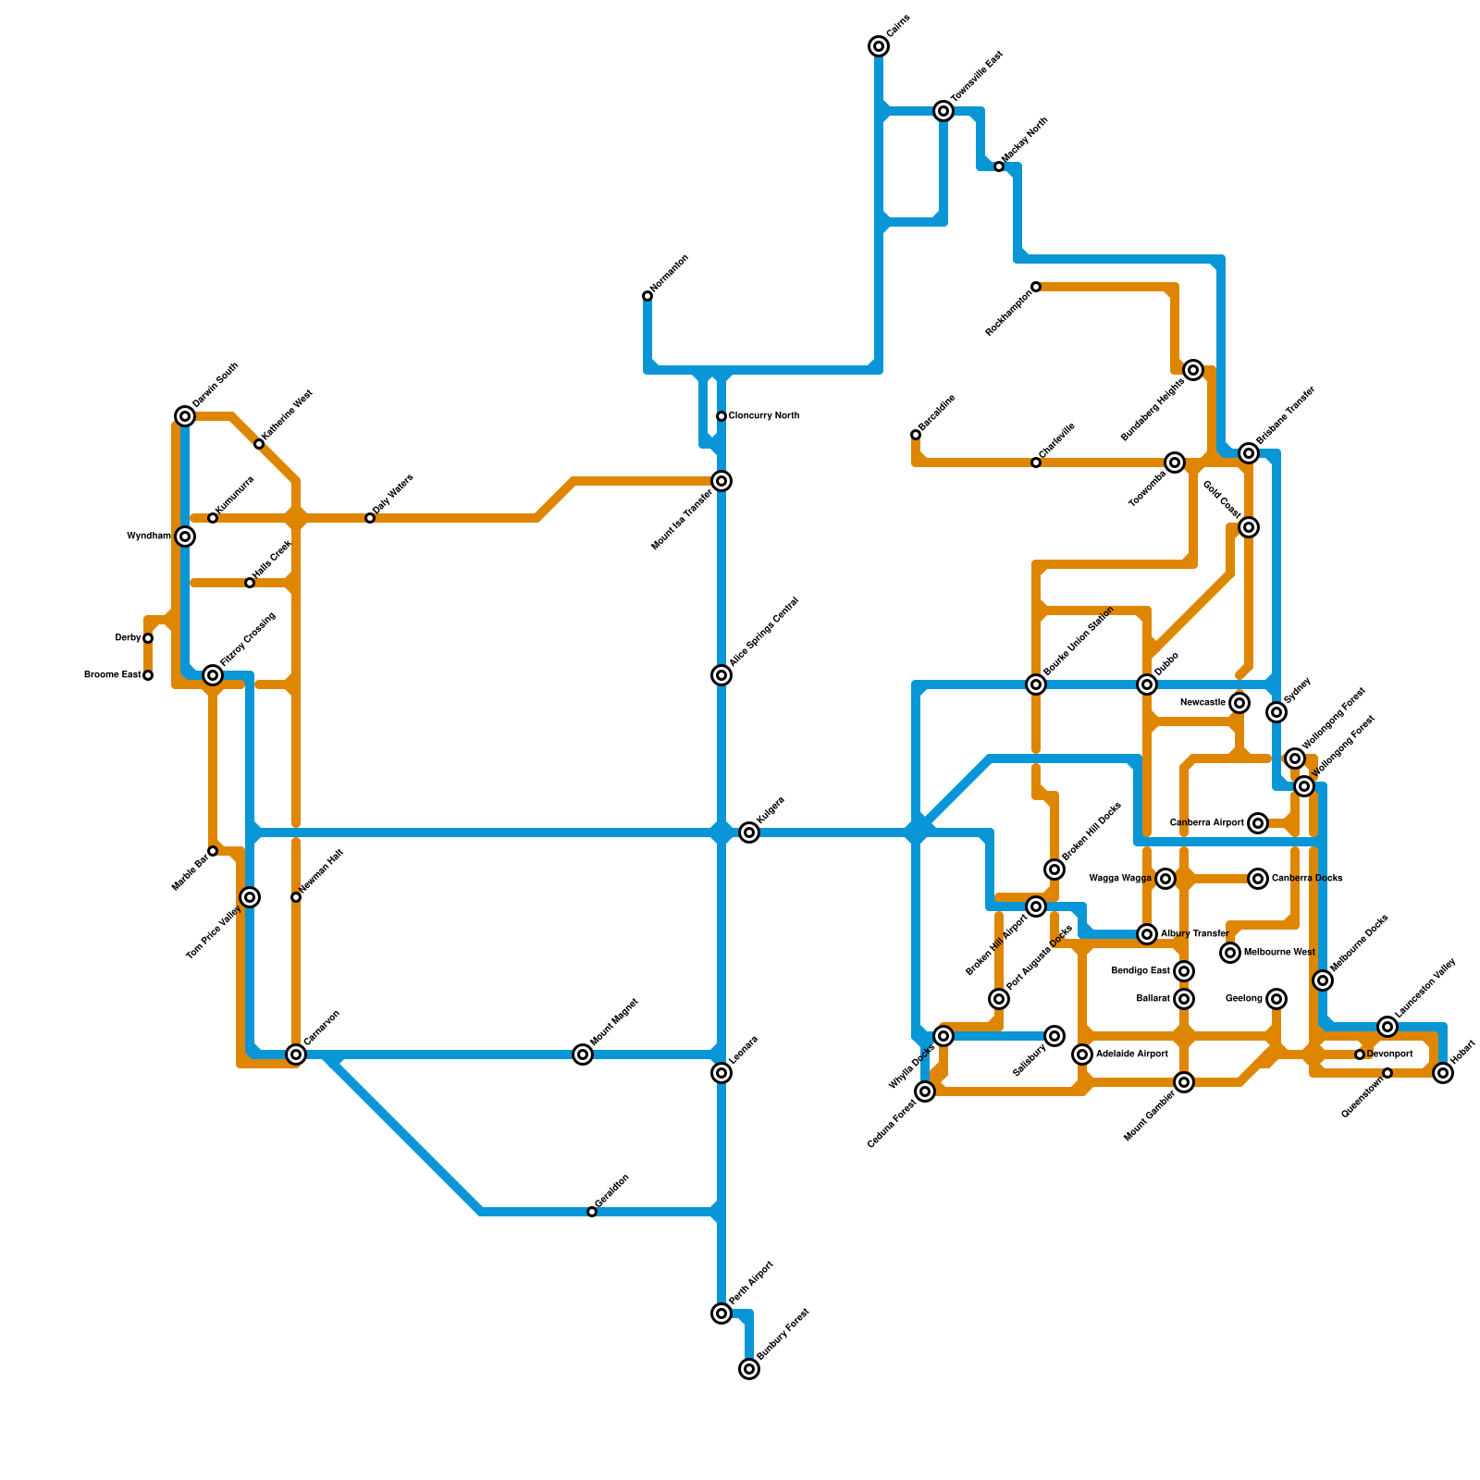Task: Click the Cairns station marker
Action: [x=879, y=46]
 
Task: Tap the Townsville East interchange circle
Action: [x=943, y=111]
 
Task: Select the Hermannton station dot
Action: [x=647, y=296]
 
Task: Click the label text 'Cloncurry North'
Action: [x=763, y=416]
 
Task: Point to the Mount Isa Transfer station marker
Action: [x=721, y=481]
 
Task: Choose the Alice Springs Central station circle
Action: [x=721, y=675]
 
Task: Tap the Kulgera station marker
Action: [x=749, y=832]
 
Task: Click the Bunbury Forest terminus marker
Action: [x=749, y=1369]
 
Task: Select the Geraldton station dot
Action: [x=592, y=1212]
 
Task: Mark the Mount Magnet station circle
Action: [x=583, y=1054]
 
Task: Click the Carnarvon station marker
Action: [x=296, y=1054]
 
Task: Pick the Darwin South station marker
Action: [x=185, y=416]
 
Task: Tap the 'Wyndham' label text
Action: [x=149, y=536]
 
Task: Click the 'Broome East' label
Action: [x=113, y=675]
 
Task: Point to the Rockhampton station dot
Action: [x=1036, y=287]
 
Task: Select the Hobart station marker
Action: [x=1443, y=1073]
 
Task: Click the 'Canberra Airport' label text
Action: [x=1206, y=823]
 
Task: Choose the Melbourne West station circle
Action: [x=1230, y=953]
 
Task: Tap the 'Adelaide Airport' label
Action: [x=1132, y=1054]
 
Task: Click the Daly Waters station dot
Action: [x=370, y=518]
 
